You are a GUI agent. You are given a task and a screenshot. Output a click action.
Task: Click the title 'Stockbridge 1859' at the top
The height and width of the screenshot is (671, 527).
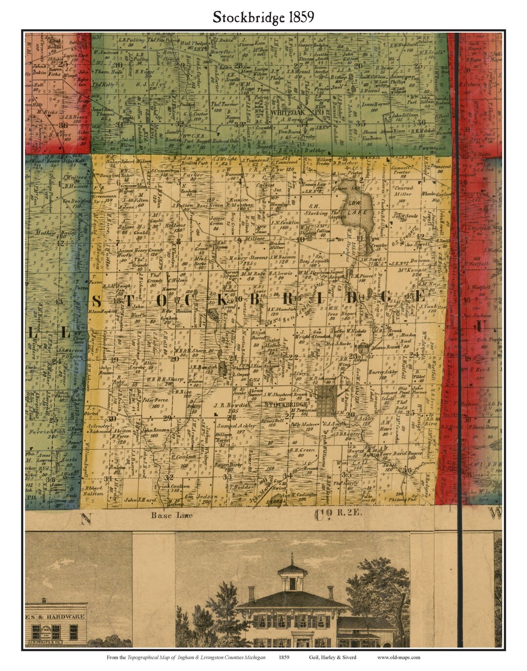pyautogui.click(x=263, y=18)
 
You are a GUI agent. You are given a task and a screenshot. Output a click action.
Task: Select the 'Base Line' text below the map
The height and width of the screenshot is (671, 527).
pyautogui.click(x=165, y=515)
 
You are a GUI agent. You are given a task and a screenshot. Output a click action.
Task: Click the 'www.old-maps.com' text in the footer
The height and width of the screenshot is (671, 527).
pyautogui.click(x=398, y=657)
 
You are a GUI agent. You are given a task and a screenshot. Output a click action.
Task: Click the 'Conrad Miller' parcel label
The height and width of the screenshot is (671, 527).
pyautogui.click(x=404, y=191)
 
